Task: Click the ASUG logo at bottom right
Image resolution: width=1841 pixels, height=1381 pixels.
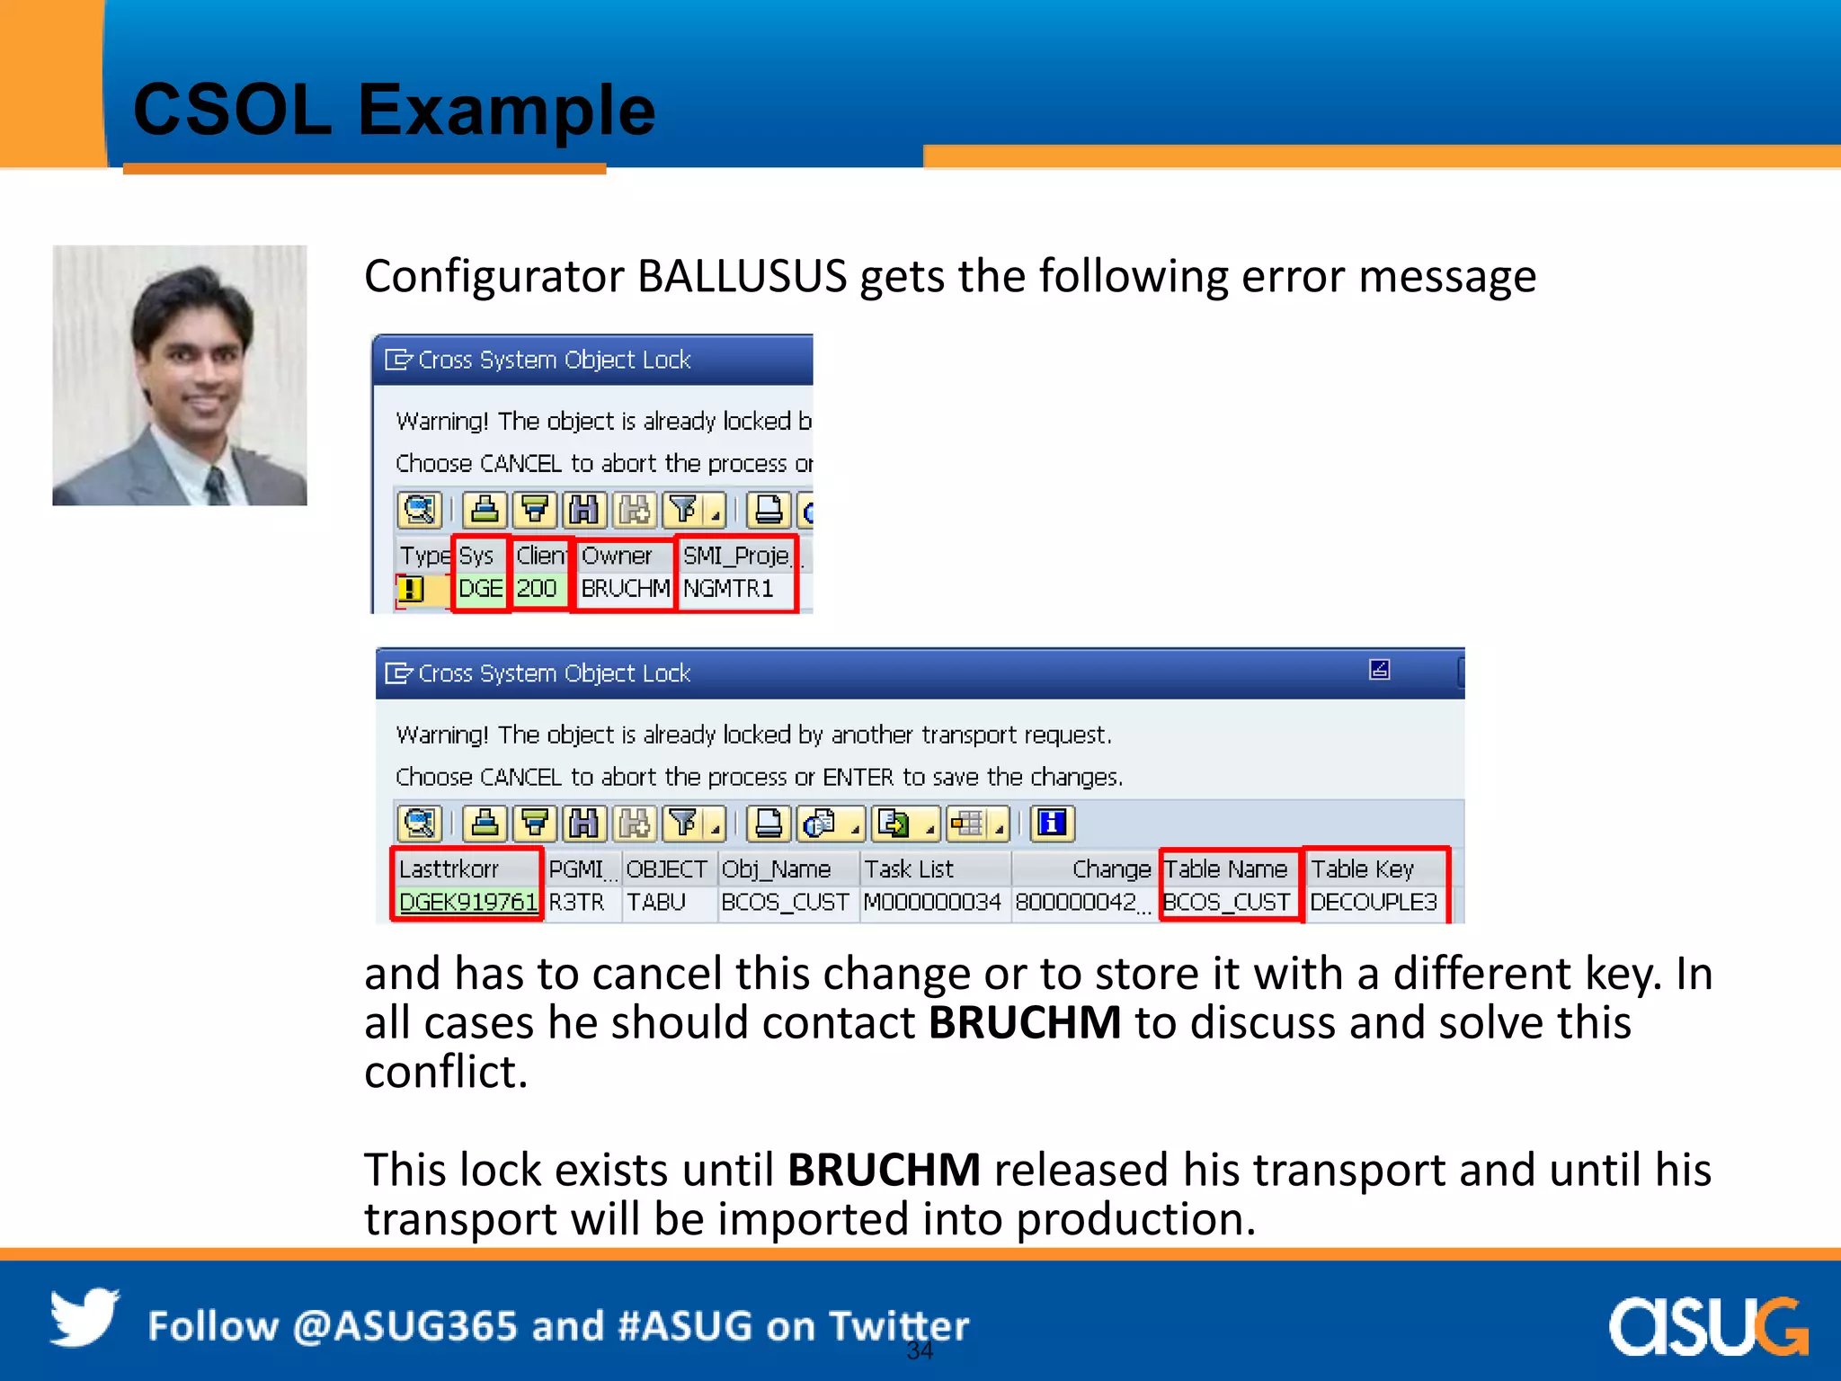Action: [1707, 1326]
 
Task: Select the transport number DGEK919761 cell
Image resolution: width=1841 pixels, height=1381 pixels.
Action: [467, 902]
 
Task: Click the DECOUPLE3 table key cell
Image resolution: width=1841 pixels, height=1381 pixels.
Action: [1374, 902]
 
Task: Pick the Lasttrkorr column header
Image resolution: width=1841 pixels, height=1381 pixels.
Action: [449, 869]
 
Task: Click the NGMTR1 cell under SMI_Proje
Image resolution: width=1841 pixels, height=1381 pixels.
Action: [728, 589]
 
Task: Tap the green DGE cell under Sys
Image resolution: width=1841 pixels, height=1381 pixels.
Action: [480, 589]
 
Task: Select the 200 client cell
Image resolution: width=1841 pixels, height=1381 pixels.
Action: [537, 589]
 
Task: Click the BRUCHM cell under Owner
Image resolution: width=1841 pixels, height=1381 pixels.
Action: [625, 589]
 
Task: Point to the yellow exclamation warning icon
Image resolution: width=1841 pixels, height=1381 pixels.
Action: [411, 590]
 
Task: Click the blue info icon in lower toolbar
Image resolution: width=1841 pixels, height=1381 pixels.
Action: [1052, 823]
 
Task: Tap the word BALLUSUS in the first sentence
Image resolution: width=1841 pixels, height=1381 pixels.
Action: [742, 276]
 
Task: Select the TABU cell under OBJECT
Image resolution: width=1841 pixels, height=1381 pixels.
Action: [656, 902]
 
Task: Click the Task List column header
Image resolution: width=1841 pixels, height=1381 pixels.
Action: [909, 869]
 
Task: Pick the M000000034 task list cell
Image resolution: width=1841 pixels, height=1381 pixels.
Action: [932, 902]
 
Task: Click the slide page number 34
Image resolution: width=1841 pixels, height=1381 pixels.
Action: [920, 1350]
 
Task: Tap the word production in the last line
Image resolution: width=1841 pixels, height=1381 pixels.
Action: [1135, 1220]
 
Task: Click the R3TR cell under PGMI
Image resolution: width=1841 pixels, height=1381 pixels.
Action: [576, 902]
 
